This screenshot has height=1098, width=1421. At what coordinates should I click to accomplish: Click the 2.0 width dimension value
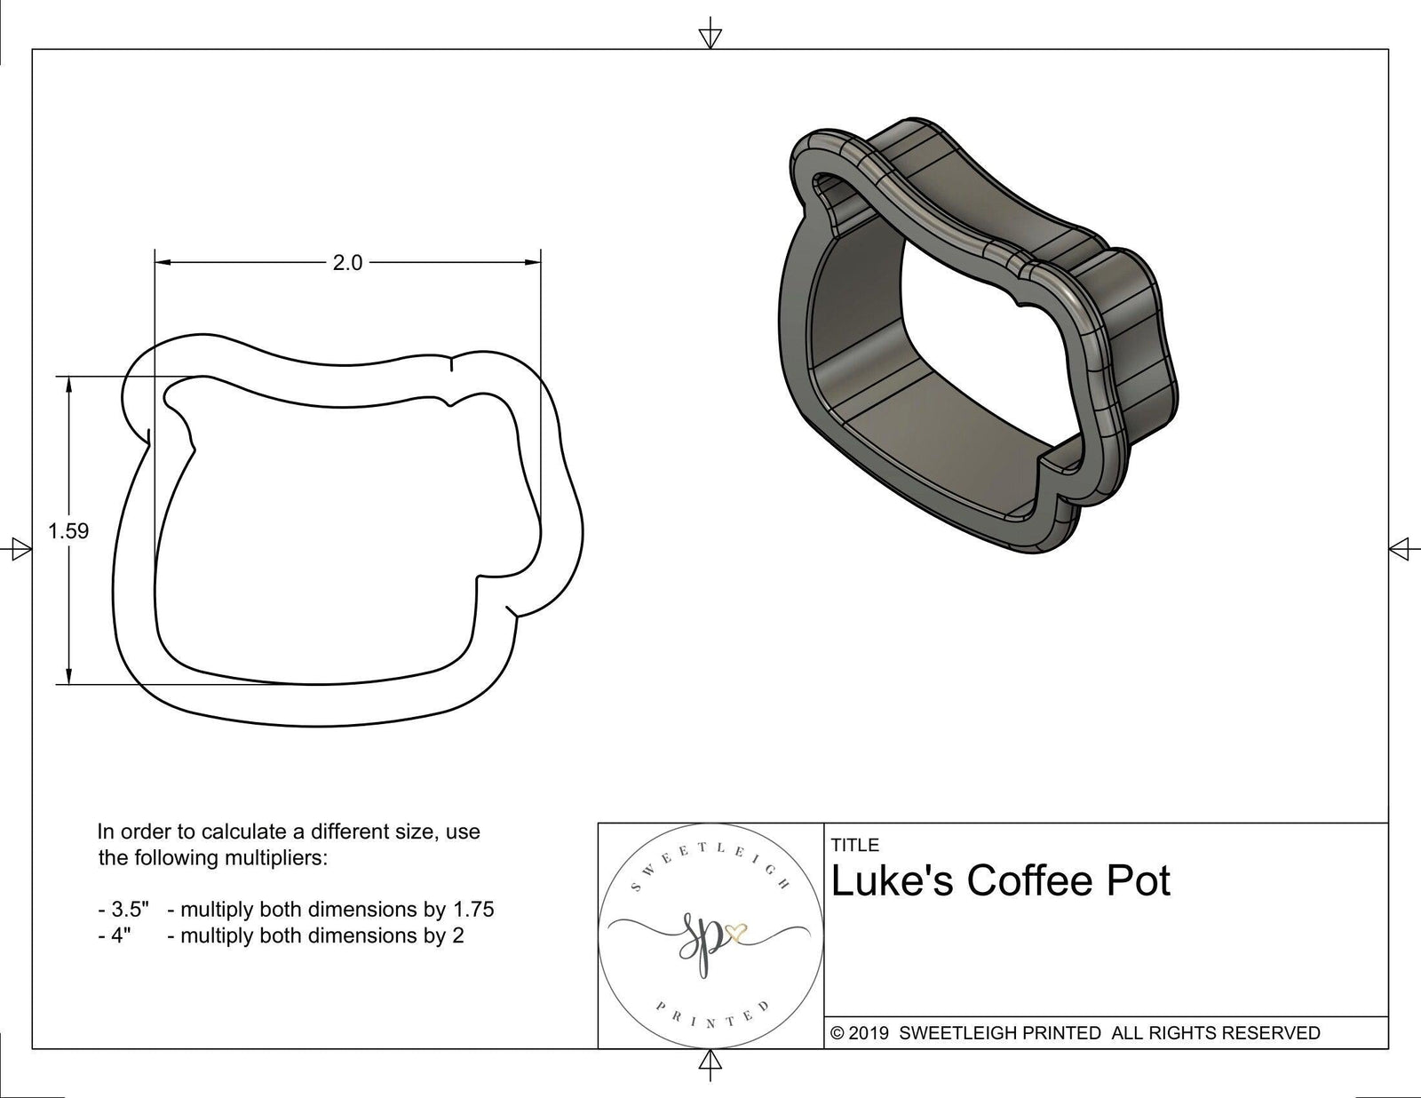click(347, 263)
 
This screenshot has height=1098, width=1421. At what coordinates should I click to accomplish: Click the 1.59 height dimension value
click(68, 531)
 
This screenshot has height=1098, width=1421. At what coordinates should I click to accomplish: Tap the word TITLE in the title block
click(855, 845)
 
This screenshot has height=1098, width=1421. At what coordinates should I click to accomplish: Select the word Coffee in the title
click(1024, 880)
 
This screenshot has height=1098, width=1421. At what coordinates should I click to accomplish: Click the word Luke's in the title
click(891, 880)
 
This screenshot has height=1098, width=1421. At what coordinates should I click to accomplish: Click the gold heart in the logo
click(736, 933)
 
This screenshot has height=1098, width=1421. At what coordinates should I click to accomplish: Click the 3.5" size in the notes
click(130, 910)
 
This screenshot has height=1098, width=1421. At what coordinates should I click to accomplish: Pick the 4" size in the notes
click(122, 935)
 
